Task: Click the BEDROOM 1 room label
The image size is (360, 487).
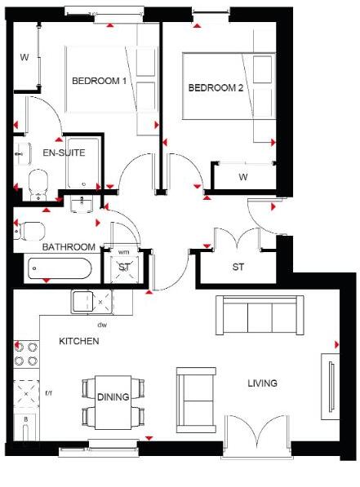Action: click(100, 81)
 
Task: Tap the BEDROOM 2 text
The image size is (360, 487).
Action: click(216, 88)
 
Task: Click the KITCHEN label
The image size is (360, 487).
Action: click(78, 341)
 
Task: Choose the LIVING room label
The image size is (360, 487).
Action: click(262, 383)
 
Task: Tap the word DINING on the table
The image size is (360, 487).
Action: click(113, 397)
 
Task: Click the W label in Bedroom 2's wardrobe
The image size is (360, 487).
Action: click(242, 177)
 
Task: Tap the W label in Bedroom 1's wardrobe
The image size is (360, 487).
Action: click(24, 57)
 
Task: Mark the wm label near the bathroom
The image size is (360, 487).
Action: click(124, 252)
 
